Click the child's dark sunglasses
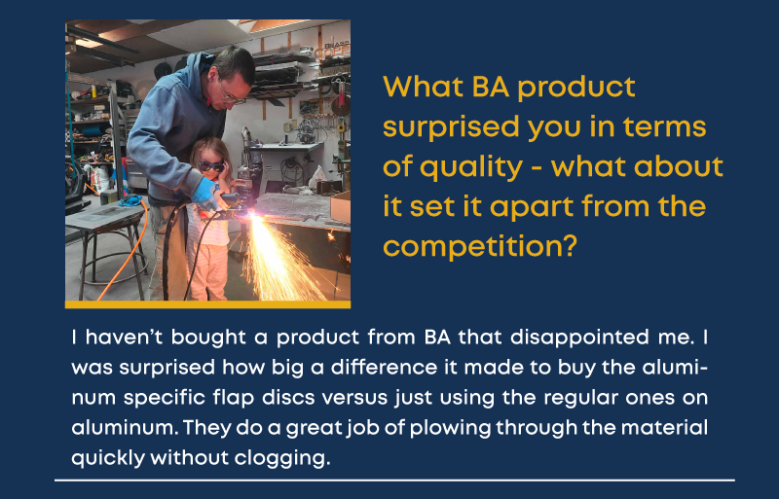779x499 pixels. (211, 166)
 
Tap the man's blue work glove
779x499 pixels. (204, 194)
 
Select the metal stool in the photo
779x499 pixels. (106, 243)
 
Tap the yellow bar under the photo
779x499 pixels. (207, 304)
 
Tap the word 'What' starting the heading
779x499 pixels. (424, 87)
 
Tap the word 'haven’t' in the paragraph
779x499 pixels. (125, 338)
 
